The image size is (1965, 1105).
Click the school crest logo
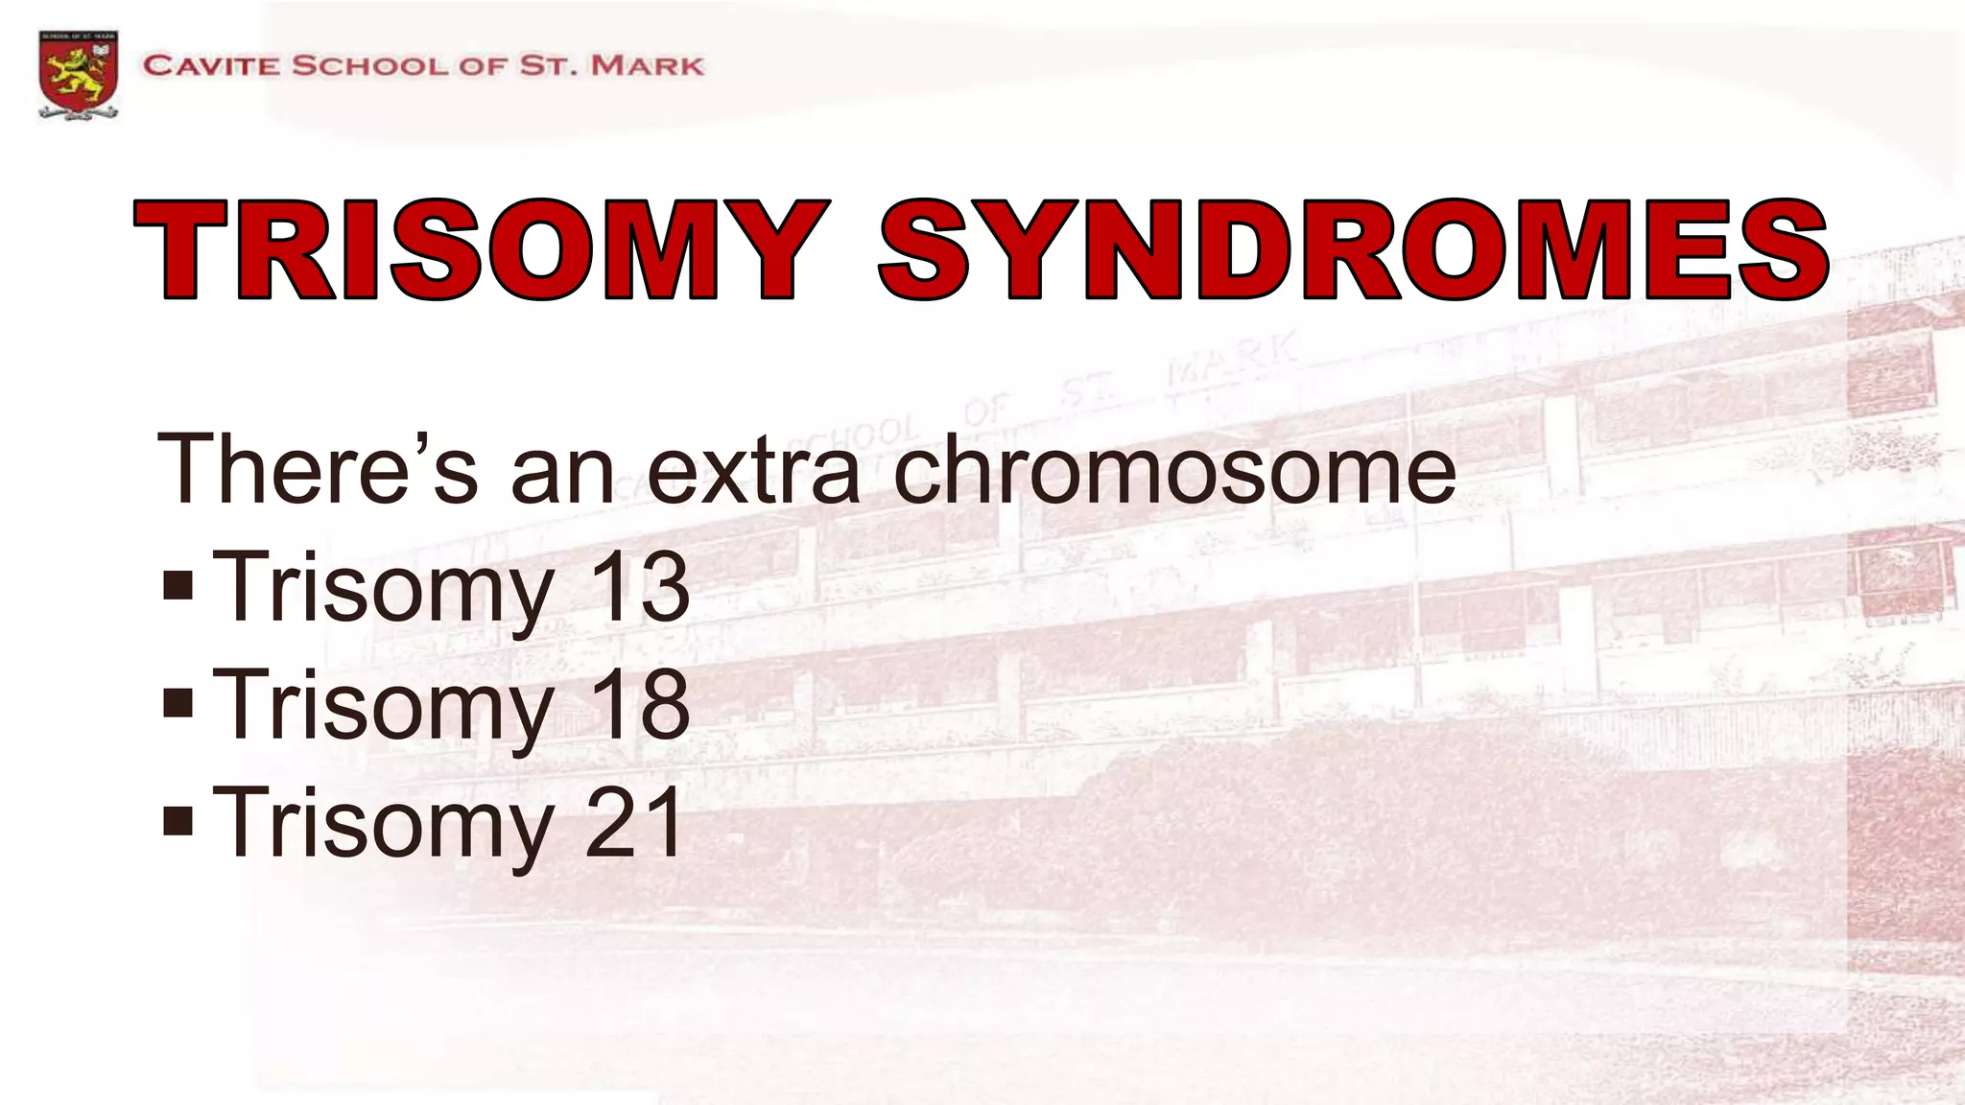point(79,74)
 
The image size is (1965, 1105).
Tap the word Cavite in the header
point(212,66)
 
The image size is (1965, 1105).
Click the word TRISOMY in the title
point(480,250)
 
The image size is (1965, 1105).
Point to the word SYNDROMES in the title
point(1353,250)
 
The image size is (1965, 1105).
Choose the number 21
point(635,822)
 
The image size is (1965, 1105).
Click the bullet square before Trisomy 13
point(178,586)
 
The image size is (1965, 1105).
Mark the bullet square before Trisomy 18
point(178,704)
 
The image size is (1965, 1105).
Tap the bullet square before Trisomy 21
point(178,822)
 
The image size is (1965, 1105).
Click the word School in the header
point(369,66)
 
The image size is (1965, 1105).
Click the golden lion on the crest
point(78,76)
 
